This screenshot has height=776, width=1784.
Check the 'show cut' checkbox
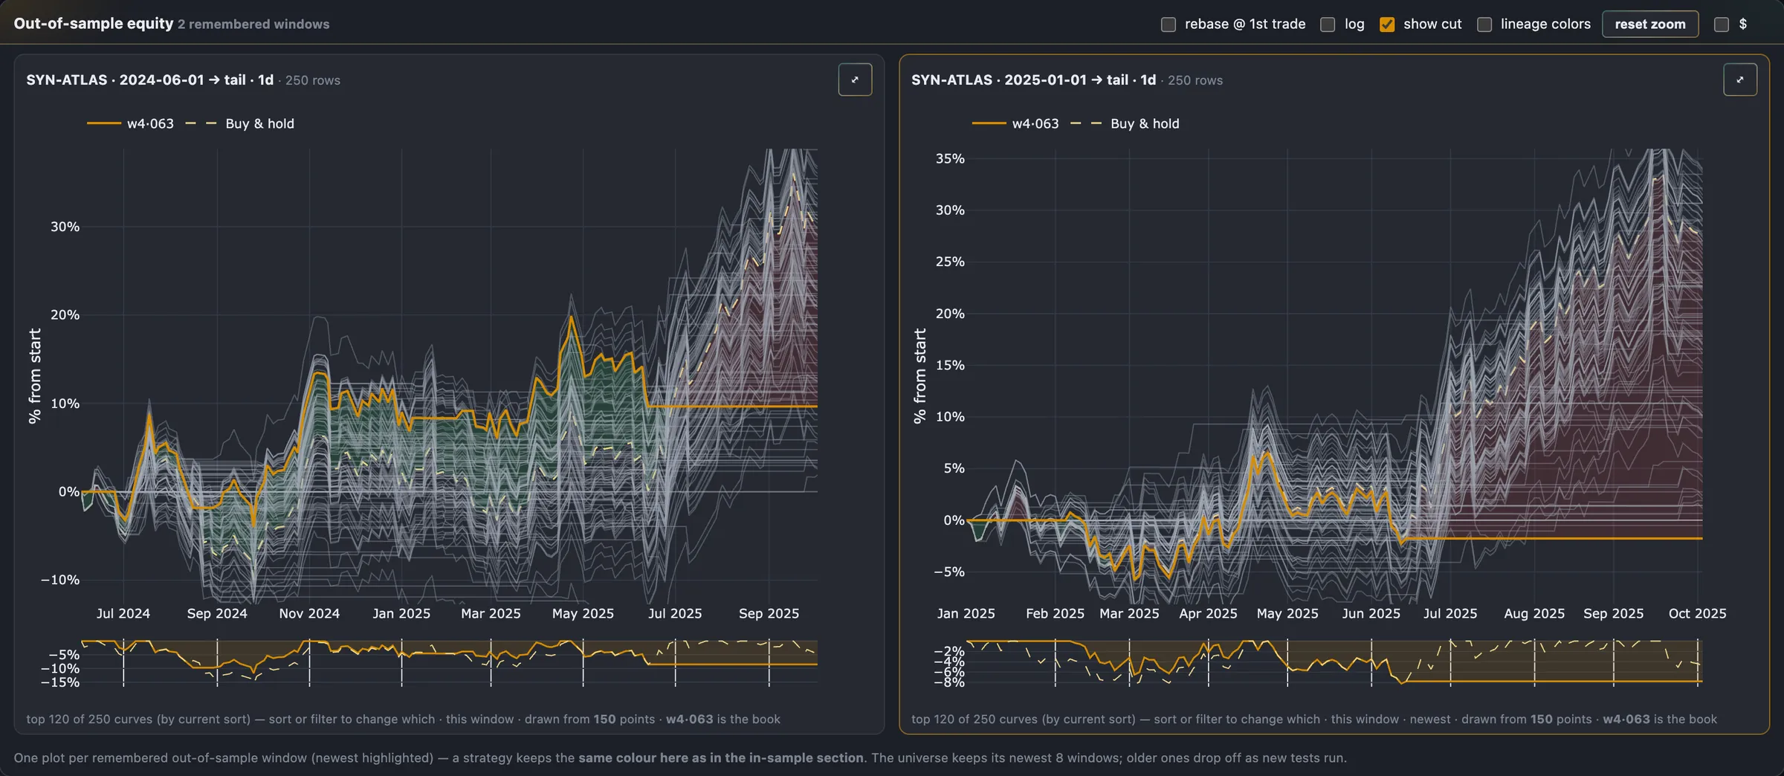(1387, 25)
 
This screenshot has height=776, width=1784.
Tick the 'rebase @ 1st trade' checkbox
(1169, 25)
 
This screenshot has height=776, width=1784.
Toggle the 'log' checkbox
(1328, 25)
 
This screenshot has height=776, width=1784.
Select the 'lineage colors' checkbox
(1484, 25)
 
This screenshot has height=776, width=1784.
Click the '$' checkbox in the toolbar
(1722, 25)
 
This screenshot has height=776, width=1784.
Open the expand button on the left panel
(855, 80)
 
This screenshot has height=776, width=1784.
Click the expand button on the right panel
(1740, 80)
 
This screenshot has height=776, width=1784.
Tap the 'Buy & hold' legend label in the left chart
(259, 123)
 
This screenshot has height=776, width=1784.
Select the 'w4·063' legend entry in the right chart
(1035, 123)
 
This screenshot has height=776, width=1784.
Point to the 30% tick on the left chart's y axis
(65, 227)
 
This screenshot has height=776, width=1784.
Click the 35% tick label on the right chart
(950, 158)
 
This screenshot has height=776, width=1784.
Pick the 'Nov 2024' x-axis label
(309, 613)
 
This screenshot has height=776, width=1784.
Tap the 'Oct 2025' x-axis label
(1697, 613)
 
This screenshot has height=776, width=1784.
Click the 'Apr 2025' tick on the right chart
(1208, 613)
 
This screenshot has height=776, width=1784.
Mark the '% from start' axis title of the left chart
(34, 376)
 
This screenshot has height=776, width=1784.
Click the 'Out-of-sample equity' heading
(94, 24)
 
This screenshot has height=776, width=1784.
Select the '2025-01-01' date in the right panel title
(1045, 80)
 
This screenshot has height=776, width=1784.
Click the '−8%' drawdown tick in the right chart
(949, 682)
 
